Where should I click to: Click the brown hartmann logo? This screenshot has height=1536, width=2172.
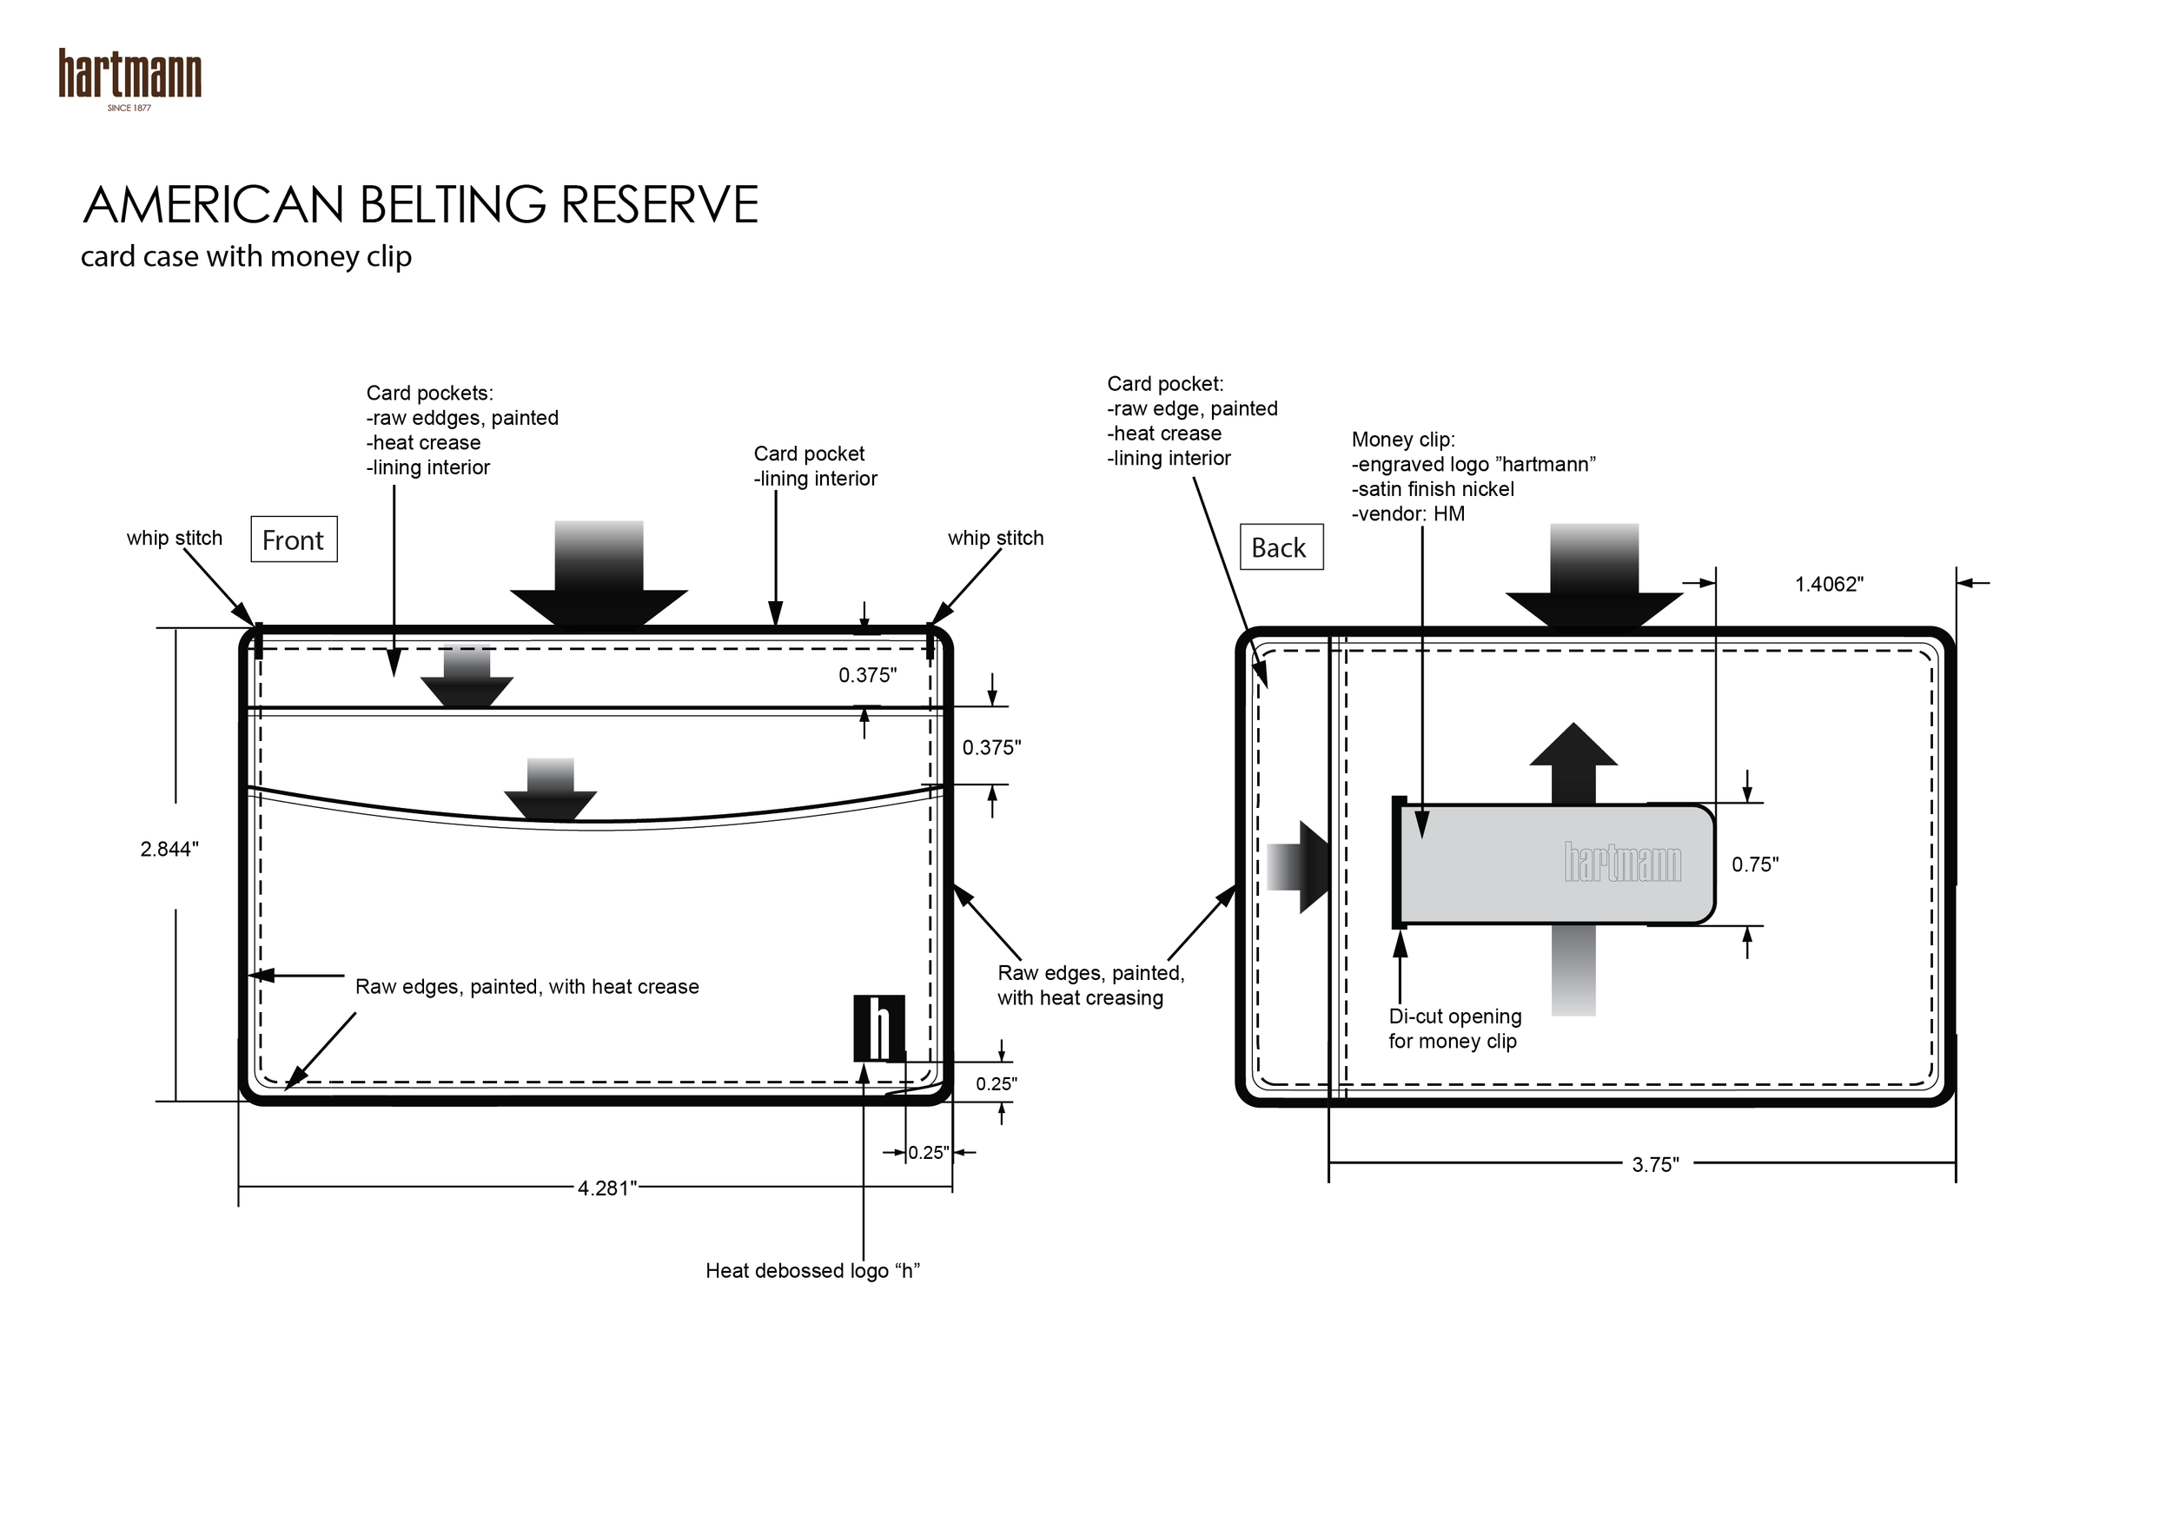coord(129,75)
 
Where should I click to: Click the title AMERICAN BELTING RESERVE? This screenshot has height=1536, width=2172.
coord(421,204)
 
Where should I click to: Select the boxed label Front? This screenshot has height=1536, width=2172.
coord(294,540)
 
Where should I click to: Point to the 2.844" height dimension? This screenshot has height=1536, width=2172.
coord(169,850)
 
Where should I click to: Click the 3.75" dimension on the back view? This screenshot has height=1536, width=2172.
coord(1654,1164)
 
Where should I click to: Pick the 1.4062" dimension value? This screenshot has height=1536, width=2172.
coord(1829,585)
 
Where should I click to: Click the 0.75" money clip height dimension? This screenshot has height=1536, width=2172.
coord(1755,864)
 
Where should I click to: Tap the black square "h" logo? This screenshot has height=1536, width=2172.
coord(879,1028)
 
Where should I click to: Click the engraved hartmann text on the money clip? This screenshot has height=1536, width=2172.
coord(1622,863)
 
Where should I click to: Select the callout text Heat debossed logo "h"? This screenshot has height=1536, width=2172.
coord(812,1270)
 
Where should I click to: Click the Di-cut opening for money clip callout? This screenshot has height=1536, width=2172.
coord(1454,1029)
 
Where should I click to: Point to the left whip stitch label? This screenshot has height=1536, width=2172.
coord(174,538)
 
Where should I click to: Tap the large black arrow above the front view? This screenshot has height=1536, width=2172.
coord(599,577)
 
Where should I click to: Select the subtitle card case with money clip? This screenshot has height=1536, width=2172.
coord(246,256)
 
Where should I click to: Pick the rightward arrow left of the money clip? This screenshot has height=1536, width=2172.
coord(1298,867)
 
